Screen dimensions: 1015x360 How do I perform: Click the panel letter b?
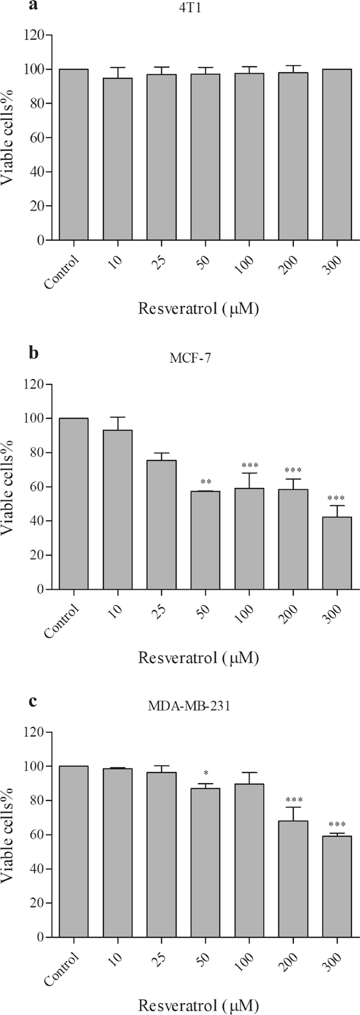click(34, 353)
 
